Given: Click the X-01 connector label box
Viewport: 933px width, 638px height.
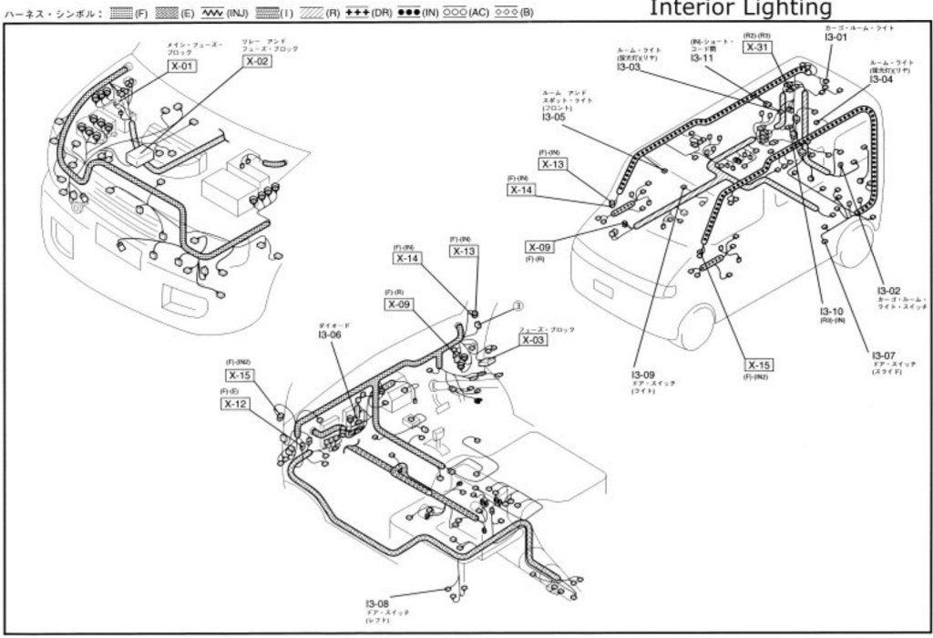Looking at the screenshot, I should click(180, 66).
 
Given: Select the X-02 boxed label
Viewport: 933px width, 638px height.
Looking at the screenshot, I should click(257, 62).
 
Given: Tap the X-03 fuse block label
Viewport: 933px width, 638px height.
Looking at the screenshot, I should click(537, 340).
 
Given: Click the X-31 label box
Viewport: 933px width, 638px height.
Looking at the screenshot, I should click(758, 47).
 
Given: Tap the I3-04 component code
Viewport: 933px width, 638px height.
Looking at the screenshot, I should click(882, 79).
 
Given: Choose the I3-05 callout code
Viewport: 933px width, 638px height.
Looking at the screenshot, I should click(554, 117).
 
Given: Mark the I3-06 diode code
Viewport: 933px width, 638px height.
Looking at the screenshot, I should click(329, 334).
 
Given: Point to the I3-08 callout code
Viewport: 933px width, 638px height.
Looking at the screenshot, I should click(377, 604).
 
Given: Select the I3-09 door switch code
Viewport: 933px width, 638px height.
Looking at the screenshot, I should click(643, 375).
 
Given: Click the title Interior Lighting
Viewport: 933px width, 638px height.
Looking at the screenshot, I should click(740, 8).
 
